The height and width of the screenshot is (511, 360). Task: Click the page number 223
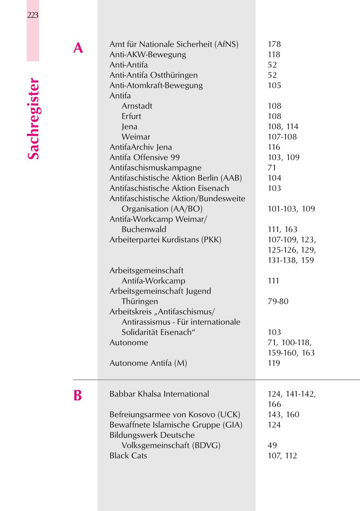coord(33,16)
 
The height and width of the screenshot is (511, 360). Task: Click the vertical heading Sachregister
coord(33,119)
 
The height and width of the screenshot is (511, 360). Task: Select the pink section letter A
coord(78,49)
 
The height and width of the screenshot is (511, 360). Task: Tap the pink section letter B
coord(77,396)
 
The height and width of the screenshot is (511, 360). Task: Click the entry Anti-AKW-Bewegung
coord(147,54)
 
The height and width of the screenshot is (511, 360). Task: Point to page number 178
coord(274,44)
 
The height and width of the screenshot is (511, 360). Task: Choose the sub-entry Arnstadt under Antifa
coord(137,106)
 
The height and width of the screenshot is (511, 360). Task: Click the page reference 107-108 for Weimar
coord(282,137)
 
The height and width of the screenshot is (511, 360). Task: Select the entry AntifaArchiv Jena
coord(140,147)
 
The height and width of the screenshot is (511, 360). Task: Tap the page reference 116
coord(274,147)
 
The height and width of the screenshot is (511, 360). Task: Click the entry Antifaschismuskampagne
coord(155,167)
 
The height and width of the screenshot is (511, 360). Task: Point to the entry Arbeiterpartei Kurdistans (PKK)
coord(165,239)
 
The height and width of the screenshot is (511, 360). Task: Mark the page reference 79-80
coord(278,301)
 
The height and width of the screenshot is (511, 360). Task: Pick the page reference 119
coord(274,363)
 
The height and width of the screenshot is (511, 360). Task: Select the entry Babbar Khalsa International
coord(159,394)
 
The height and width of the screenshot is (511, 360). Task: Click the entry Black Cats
coord(128,455)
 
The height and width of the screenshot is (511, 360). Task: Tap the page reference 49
coord(272,445)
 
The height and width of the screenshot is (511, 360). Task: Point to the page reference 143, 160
coord(283,414)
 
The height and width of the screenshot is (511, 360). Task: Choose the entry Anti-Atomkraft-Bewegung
coord(156,85)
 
